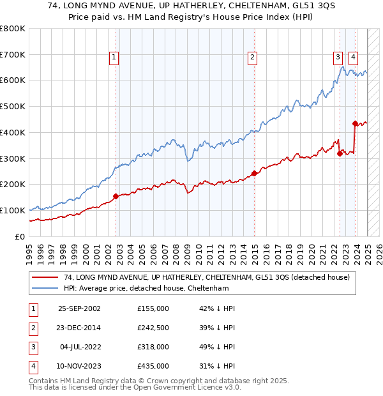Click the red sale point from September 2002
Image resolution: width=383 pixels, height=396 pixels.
pyautogui.click(x=116, y=196)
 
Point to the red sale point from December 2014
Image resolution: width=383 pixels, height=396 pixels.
pyautogui.click(x=254, y=173)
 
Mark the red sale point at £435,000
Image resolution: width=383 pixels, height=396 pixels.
pyautogui.click(x=355, y=123)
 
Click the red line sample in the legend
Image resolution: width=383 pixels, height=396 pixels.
pyautogui.click(x=45, y=278)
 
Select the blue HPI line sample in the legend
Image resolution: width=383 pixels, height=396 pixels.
pyautogui.click(x=45, y=289)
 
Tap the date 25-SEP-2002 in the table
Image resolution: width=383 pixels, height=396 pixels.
pyautogui.click(x=79, y=308)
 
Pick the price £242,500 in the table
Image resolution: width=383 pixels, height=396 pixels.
pyautogui.click(x=153, y=328)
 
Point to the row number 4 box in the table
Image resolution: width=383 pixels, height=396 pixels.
pyautogui.click(x=31, y=366)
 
